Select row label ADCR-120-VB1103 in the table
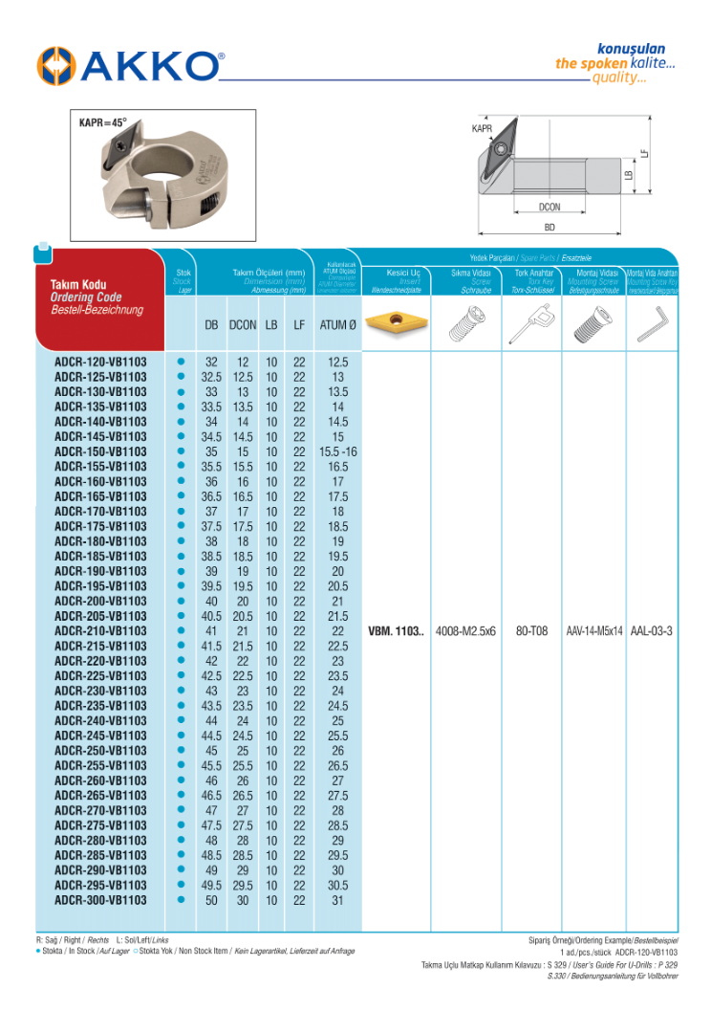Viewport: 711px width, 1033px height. coord(100,363)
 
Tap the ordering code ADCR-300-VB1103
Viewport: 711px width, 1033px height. coord(100,900)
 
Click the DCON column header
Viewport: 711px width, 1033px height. coord(243,325)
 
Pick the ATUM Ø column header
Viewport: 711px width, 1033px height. coord(337,325)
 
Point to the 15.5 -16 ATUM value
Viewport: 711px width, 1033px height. coord(337,451)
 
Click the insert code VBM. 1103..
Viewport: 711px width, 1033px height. coord(396,631)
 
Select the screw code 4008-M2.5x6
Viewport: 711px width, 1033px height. coord(465,631)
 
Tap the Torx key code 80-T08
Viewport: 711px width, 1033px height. coord(531,631)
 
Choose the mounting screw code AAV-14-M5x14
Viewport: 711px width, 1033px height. coord(593,631)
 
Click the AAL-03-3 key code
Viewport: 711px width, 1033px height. coord(652,631)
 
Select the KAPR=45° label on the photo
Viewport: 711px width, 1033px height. coord(102,122)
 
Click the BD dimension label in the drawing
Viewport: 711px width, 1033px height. coord(549,229)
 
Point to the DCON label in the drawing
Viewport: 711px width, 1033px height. coord(549,207)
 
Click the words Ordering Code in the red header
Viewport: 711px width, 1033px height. coord(86,297)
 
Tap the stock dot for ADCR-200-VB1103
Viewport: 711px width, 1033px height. coord(180,602)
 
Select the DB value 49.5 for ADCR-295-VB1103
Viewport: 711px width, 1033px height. coord(211,886)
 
